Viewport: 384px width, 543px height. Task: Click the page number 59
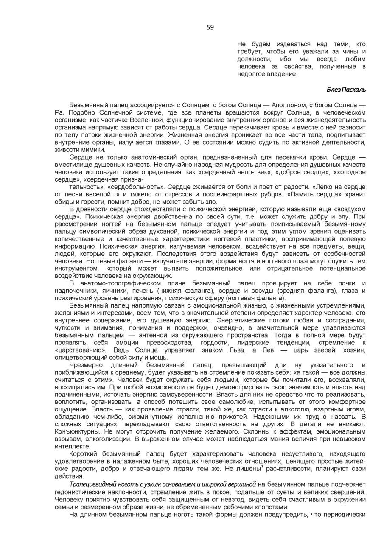[x=210, y=28]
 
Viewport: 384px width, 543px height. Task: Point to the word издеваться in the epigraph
[x=293, y=44]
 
